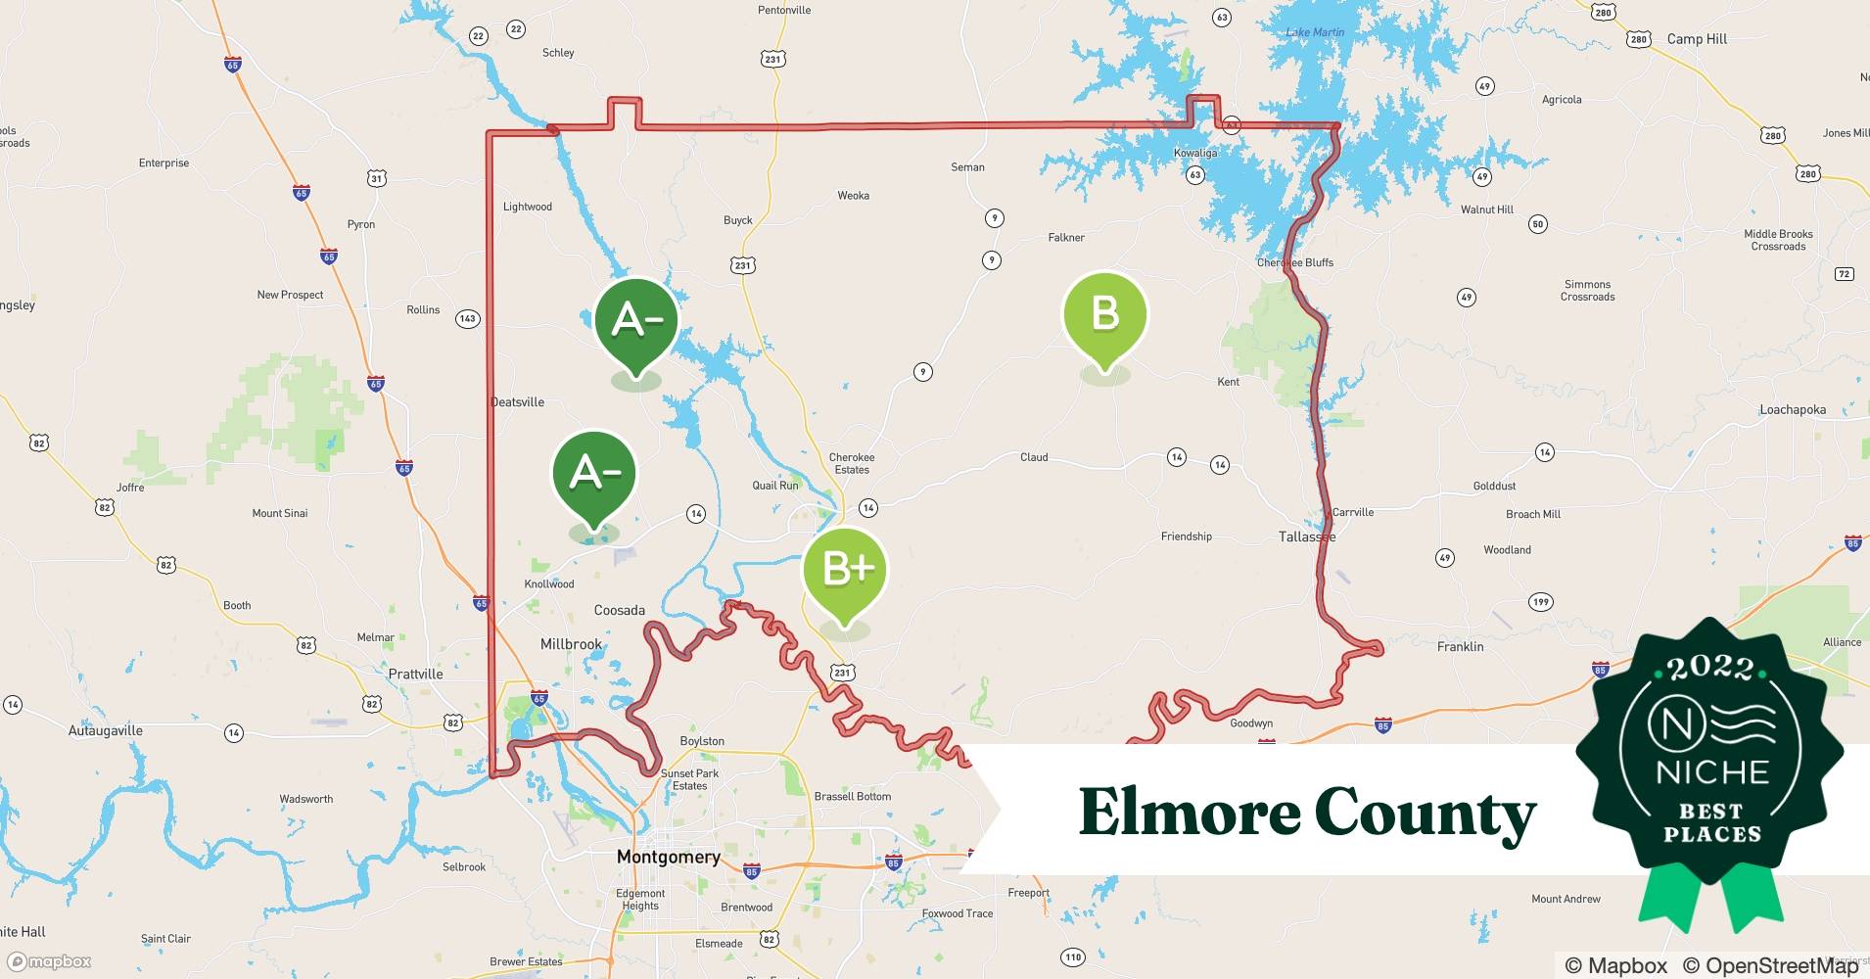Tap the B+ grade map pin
[844, 569]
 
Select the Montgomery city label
[668, 857]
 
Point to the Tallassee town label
[1306, 536]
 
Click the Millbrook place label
[571, 644]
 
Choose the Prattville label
[415, 674]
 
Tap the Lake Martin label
[1314, 32]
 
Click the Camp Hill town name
[1697, 39]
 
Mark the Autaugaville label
[105, 730]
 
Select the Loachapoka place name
[1792, 409]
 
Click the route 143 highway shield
[467, 318]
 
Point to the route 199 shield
[1540, 601]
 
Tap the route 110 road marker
[1073, 956]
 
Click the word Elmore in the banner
[1187, 813]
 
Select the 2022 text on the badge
[1710, 669]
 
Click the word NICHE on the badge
[1711, 772]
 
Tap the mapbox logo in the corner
[49, 961]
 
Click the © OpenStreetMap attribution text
[1770, 965]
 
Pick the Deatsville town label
[517, 402]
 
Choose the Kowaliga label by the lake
[1194, 154]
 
